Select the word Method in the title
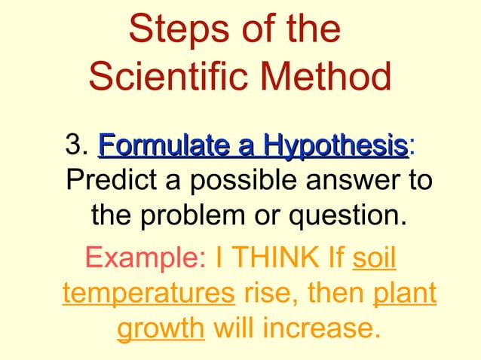pyautogui.click(x=329, y=77)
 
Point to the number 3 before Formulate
pyautogui.click(x=73, y=145)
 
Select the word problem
pyautogui.click(x=203, y=218)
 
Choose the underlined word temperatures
pyautogui.click(x=148, y=293)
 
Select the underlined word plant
pyautogui.click(x=405, y=293)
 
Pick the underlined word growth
pyautogui.click(x=161, y=329)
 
